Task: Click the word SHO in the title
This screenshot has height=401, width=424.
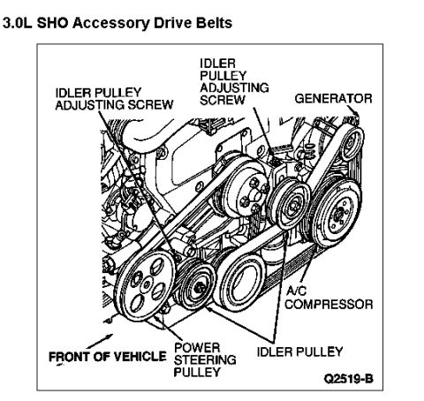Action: (53, 23)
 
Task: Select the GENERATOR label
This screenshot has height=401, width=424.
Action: (333, 99)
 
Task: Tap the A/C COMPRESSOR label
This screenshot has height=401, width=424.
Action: (329, 298)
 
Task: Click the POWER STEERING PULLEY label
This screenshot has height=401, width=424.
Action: (205, 359)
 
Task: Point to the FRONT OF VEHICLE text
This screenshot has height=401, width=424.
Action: (108, 357)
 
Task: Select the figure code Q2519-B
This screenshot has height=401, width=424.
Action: (349, 379)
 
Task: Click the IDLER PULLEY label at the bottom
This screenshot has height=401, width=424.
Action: (299, 352)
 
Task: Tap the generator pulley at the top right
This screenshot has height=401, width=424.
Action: (352, 144)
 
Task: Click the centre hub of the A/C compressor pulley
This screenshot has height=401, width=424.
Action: (340, 213)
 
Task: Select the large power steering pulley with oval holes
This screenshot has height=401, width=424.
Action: (145, 285)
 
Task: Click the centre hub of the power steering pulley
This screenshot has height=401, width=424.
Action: (146, 284)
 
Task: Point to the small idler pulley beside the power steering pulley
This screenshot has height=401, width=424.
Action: (197, 284)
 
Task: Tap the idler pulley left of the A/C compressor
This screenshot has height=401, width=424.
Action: (291, 203)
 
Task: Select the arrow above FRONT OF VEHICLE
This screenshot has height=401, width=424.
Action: (100, 341)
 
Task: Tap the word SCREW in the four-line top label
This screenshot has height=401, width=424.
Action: (223, 100)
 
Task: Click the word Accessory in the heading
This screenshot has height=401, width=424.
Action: (111, 23)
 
